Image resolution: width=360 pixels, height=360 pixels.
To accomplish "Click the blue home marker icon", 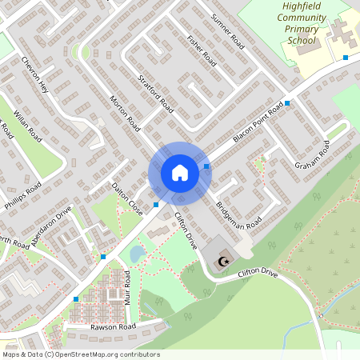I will pos(180,173).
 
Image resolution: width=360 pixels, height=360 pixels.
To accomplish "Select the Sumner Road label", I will pos(226,30).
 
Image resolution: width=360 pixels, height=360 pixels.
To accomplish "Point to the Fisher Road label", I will pos(201,50).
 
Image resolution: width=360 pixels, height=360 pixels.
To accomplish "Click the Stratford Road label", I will pos(156,93).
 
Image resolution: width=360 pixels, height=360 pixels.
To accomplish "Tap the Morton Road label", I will pos(125,115).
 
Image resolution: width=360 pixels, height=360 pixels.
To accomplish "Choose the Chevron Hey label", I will pos(36,75).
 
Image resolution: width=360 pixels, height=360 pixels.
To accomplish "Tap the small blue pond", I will pos(137,254).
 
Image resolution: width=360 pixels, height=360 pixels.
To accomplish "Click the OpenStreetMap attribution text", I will pos(81,354).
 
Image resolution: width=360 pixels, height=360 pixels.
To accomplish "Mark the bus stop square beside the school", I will pos(346,58).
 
